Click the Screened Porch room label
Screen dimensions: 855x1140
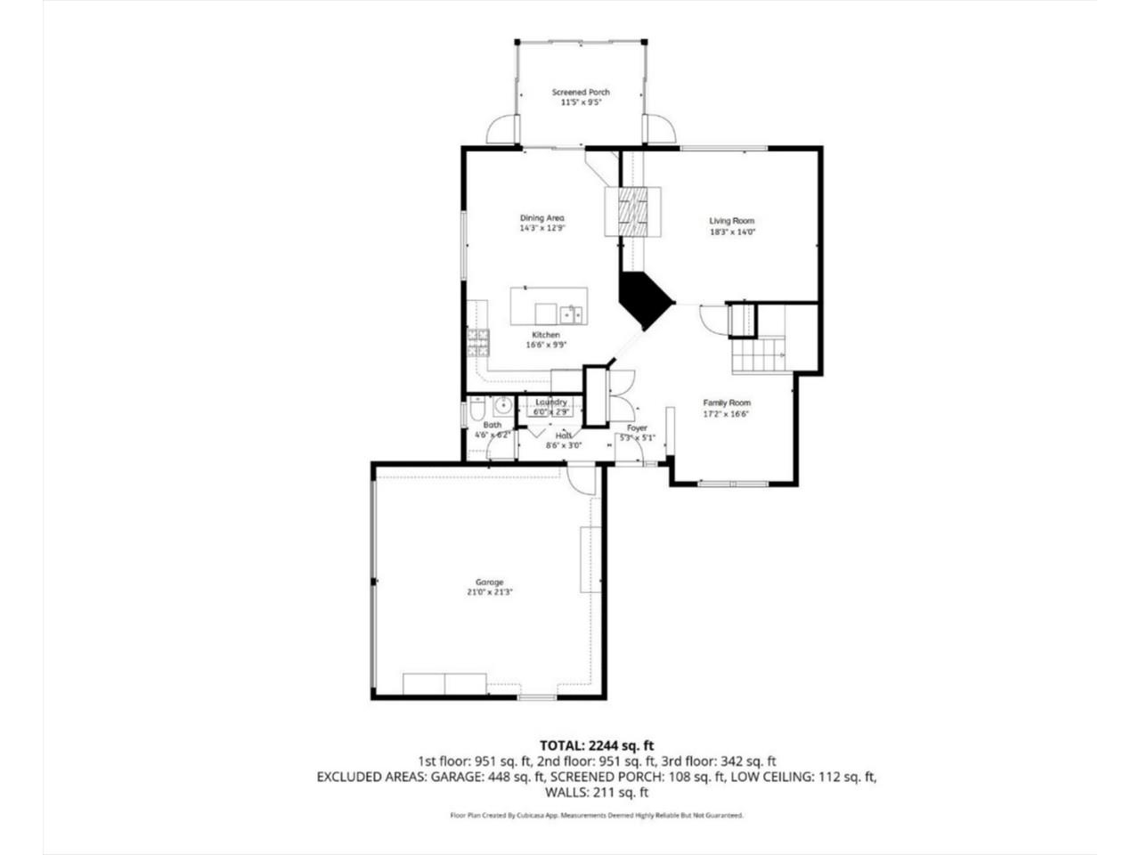pyautogui.click(x=581, y=93)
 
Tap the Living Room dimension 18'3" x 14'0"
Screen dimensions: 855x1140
pyautogui.click(x=731, y=232)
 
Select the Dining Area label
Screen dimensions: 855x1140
pyautogui.click(x=541, y=218)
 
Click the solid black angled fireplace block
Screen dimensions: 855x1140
pyautogui.click(x=644, y=300)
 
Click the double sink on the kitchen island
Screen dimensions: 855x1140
pyautogui.click(x=570, y=314)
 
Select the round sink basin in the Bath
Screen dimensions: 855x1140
pyautogui.click(x=501, y=406)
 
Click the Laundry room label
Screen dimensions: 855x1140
pyautogui.click(x=550, y=403)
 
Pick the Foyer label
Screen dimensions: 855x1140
pyautogui.click(x=637, y=428)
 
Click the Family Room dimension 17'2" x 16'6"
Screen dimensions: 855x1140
pyautogui.click(x=727, y=413)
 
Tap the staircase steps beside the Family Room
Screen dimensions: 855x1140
pyautogui.click(x=758, y=356)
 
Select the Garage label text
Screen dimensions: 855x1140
pyautogui.click(x=489, y=582)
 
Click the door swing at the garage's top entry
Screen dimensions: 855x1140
pyautogui.click(x=582, y=480)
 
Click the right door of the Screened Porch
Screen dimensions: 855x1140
pyautogui.click(x=659, y=130)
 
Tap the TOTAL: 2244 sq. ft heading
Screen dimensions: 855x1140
pyautogui.click(x=597, y=745)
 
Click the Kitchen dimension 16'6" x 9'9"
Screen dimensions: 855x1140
pyautogui.click(x=546, y=345)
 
